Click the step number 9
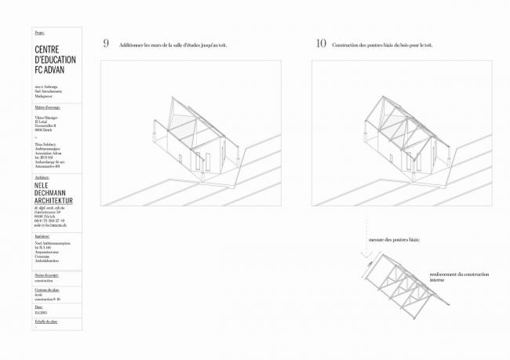[106, 43]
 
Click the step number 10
[321, 43]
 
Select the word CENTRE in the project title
[51, 49]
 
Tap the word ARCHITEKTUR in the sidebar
[59, 200]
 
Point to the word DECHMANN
[56, 193]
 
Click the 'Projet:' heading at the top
[40, 33]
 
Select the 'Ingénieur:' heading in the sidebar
[43, 237]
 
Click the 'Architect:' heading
[44, 177]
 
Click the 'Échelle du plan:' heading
[46, 322]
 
